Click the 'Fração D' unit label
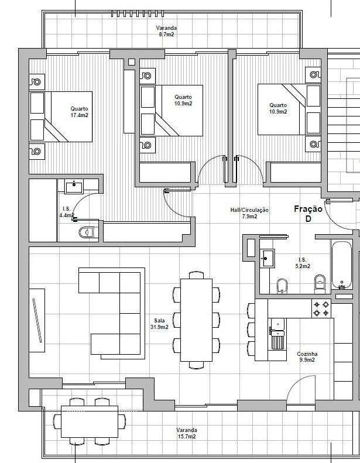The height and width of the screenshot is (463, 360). (x=308, y=214)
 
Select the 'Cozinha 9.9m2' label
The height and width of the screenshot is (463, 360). (x=307, y=356)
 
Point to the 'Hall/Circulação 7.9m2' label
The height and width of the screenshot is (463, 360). (x=249, y=213)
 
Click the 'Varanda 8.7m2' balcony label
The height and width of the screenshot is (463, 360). (x=167, y=31)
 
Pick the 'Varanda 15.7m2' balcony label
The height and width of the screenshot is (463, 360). (x=187, y=433)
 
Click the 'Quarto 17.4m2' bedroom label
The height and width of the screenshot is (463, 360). (x=79, y=112)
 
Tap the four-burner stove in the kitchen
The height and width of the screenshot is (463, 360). (x=321, y=308)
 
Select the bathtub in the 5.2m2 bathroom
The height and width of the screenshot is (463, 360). (x=342, y=265)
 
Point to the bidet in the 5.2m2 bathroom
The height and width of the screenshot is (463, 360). (x=282, y=286)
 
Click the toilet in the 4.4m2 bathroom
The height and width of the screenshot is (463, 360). (x=87, y=232)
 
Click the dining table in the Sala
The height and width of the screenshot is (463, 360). (x=197, y=320)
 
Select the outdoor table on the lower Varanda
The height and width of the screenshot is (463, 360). (x=90, y=421)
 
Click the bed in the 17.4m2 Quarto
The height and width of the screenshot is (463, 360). (x=61, y=116)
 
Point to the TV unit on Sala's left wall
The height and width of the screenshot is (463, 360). (x=37, y=320)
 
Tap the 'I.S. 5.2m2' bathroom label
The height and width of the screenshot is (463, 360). (x=303, y=263)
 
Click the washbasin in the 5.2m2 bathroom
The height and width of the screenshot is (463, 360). (x=268, y=258)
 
